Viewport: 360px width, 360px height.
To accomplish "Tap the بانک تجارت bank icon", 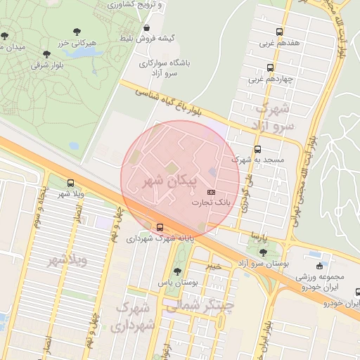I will tap(212, 192).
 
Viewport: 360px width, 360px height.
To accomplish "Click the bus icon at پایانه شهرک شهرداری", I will tap(160, 227).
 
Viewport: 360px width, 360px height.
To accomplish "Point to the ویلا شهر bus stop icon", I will tap(70, 183).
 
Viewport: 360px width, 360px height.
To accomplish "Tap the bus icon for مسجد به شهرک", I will tap(257, 149).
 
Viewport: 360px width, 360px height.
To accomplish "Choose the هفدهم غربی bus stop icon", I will tap(279, 32).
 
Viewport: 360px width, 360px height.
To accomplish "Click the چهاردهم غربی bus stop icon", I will tap(271, 67).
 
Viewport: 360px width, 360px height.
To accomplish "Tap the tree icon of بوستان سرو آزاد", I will tap(262, 252).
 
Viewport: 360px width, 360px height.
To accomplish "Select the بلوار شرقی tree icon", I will tap(47, 53).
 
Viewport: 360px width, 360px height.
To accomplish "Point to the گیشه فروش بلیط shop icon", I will tap(146, 28).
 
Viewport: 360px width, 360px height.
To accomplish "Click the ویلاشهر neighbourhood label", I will tap(67, 261).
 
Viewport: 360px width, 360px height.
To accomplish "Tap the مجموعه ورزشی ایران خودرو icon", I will tap(320, 266).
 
